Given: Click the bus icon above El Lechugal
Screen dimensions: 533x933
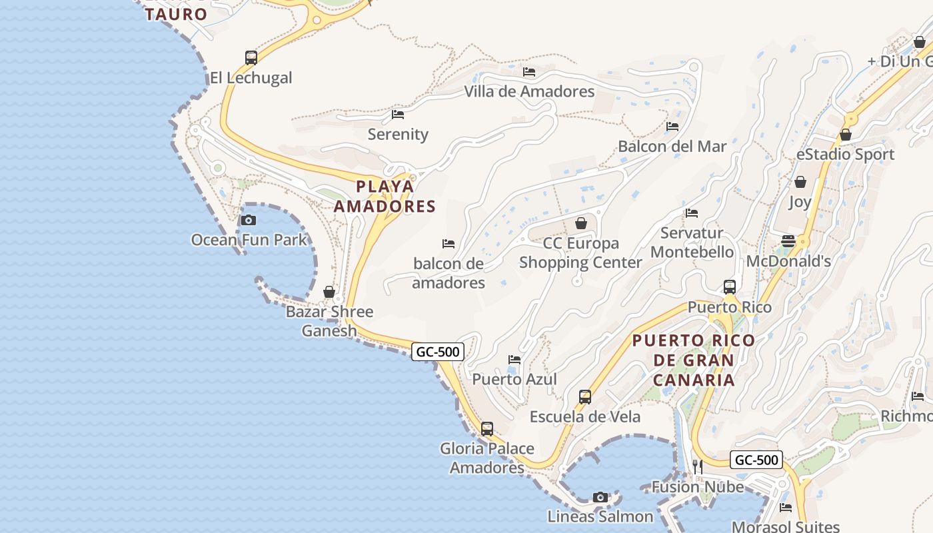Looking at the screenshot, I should (x=251, y=58).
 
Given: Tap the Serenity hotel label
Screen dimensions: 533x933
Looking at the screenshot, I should (x=398, y=134).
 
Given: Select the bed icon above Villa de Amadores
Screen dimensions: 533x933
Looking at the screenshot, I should (x=529, y=71).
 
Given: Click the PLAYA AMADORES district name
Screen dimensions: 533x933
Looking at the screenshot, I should (x=385, y=196).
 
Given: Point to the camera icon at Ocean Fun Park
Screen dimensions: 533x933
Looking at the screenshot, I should (x=248, y=220).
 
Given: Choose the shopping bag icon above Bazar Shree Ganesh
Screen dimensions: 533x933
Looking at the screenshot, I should (x=329, y=292).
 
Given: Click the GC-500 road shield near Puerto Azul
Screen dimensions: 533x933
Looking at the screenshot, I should (x=437, y=352).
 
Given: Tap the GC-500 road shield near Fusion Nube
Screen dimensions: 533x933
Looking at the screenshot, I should (x=756, y=460).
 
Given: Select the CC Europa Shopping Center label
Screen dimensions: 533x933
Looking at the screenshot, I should (x=580, y=253).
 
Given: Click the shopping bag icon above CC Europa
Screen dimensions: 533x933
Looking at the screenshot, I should (x=581, y=223).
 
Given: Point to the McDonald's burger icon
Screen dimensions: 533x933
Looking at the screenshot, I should (x=788, y=241).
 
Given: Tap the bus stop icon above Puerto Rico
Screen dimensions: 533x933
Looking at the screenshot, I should (x=730, y=287).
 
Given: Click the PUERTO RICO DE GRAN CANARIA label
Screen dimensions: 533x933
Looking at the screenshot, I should (x=694, y=360).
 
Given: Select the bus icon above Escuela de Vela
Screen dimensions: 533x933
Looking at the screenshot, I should (x=584, y=397).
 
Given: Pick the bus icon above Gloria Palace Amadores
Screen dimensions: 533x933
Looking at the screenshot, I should (x=487, y=429).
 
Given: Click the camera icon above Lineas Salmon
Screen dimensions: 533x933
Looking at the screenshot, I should (x=600, y=497).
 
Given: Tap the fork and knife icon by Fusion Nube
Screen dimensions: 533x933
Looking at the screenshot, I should (x=697, y=467).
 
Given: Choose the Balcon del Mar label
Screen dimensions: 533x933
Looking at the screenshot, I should (x=672, y=146).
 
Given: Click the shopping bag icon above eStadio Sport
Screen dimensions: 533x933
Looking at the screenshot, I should (x=846, y=135).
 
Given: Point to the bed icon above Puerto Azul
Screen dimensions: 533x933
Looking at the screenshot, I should (x=514, y=360).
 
